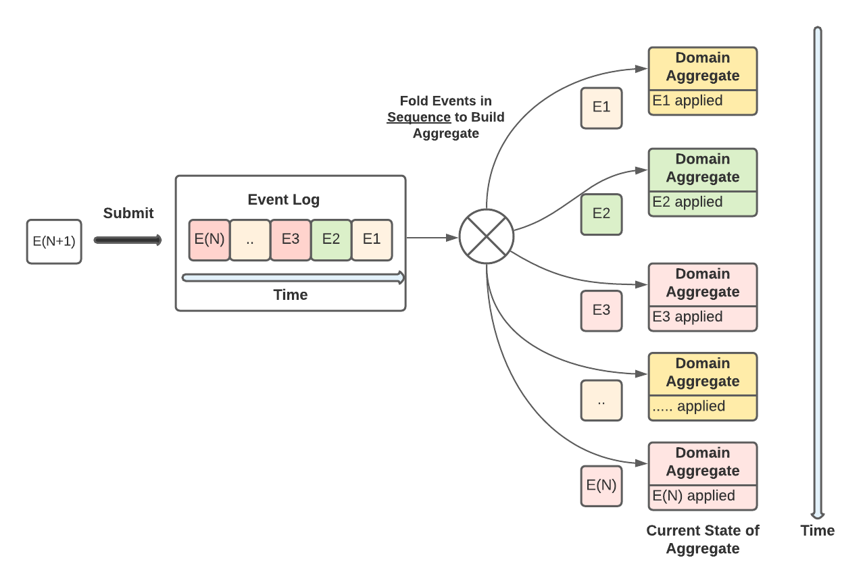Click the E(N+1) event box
pos(54,242)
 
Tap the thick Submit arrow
pos(128,240)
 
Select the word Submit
pos(128,213)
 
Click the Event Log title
pos(284,200)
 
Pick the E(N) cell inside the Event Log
pos(209,240)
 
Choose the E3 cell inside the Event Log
pos(291,240)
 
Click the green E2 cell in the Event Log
pos(331,240)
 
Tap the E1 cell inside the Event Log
pos(372,240)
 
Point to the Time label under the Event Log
pos(291,295)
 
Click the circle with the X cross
pos(487,236)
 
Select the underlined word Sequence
pos(419,118)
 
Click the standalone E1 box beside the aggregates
pos(601,108)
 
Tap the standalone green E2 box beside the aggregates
pos(601,214)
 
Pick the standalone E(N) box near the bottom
pos(601,486)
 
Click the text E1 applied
pos(687,101)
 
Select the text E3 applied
pos(687,317)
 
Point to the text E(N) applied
pos(693,496)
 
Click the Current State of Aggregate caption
pos(703,540)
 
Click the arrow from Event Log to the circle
pos(432,238)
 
